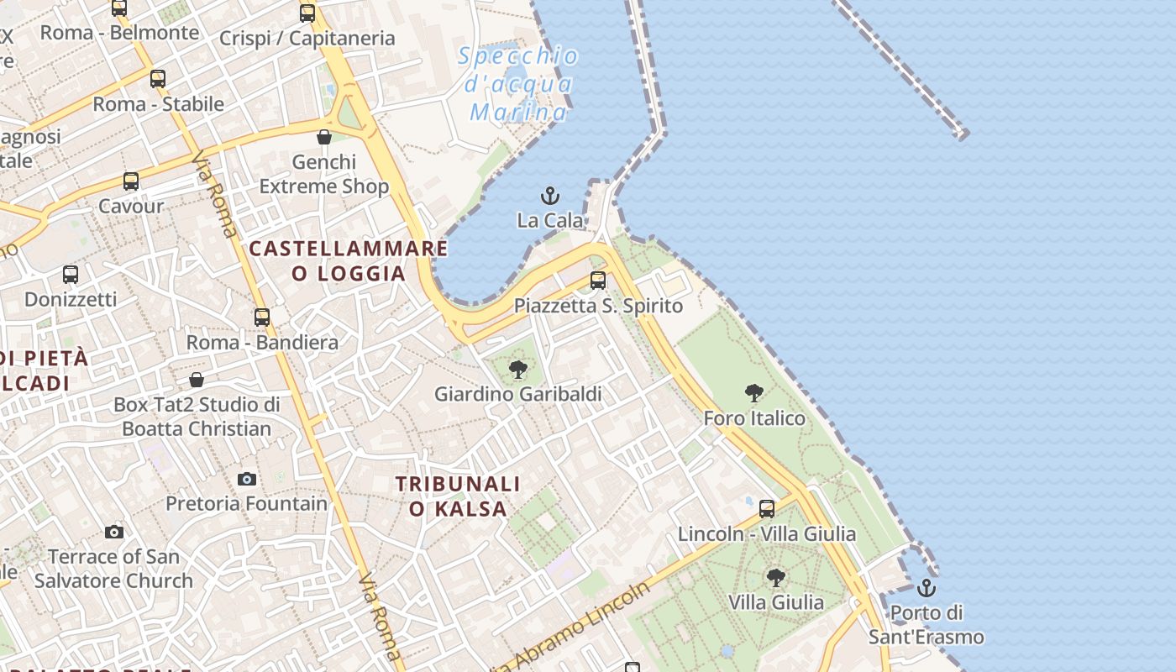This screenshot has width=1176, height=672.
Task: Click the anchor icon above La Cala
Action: [x=549, y=196]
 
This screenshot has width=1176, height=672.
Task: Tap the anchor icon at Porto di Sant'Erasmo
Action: [x=927, y=588]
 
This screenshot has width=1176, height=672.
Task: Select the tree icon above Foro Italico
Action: [x=754, y=392]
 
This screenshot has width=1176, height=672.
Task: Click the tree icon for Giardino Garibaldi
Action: [x=518, y=369]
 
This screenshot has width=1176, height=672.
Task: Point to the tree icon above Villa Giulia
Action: [x=776, y=577]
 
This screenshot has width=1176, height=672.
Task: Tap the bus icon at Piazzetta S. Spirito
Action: [x=598, y=281]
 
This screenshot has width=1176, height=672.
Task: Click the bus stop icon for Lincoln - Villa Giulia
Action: [x=767, y=508]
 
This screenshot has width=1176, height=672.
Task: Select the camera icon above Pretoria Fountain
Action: [x=246, y=479]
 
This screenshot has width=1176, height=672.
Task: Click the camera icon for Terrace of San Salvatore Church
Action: [x=114, y=532]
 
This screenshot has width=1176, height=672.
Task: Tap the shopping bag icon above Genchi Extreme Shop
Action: [x=324, y=137]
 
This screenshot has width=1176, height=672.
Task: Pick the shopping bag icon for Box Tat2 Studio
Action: [x=197, y=380]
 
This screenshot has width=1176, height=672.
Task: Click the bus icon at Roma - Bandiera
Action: [x=262, y=318]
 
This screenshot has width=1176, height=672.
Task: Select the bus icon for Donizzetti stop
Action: [x=71, y=275]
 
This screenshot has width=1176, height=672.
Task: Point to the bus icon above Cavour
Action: [x=131, y=181]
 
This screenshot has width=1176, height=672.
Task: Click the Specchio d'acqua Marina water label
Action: [x=519, y=84]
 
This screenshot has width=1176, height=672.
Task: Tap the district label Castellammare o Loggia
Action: [x=349, y=260]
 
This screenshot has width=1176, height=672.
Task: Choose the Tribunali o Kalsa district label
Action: [x=458, y=496]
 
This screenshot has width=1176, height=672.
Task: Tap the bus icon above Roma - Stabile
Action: [x=158, y=80]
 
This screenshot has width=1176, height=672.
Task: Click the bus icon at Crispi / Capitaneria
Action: [x=307, y=13]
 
